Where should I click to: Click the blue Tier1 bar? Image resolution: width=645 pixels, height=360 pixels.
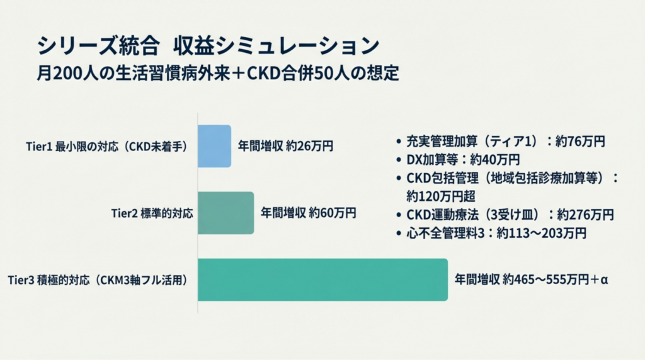tap(214, 146)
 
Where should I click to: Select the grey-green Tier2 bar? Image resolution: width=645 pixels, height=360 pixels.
tap(226, 213)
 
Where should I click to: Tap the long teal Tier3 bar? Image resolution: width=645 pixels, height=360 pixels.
tap(323, 280)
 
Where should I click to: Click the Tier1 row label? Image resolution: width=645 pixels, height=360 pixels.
tap(106, 147)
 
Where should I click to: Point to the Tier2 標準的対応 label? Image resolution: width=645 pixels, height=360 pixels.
tap(152, 214)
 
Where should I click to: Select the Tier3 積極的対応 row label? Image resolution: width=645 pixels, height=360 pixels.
tap(98, 280)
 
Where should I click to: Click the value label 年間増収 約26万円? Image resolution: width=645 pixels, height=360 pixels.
tap(285, 146)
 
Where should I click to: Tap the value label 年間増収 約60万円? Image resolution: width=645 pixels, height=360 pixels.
tap(309, 213)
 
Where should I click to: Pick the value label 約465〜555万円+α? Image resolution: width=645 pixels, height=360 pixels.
tap(556, 279)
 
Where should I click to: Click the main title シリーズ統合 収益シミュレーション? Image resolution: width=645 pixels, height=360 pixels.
tap(208, 45)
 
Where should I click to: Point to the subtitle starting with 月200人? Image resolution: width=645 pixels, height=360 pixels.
tap(218, 73)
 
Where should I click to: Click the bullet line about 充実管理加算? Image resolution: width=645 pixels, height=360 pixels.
tap(501, 142)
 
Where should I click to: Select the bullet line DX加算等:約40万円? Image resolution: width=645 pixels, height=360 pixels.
tap(459, 159)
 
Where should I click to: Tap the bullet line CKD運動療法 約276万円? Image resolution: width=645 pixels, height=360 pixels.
tap(505, 215)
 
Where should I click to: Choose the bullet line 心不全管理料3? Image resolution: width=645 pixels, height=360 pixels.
tap(491, 233)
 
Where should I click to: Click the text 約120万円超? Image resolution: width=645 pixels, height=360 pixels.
tap(441, 196)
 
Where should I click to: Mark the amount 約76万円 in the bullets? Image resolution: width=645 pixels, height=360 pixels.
tap(580, 142)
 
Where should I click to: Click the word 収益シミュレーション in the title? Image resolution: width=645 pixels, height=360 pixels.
tap(276, 45)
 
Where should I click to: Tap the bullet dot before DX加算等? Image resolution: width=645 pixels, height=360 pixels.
tap(399, 160)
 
